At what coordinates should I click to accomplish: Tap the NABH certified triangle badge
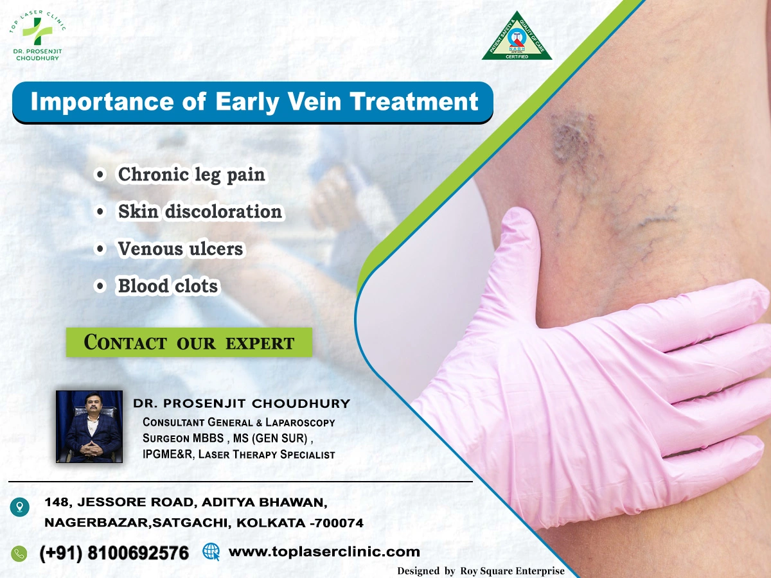[x=517, y=37]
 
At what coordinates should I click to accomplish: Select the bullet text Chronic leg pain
[x=191, y=175]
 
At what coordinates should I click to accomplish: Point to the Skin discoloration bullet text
[x=200, y=211]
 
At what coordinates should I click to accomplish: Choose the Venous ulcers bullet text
[x=181, y=249]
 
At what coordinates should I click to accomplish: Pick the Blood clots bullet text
[x=168, y=286]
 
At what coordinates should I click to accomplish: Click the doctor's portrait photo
[x=89, y=426]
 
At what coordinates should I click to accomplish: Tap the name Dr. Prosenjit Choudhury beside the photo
[x=242, y=403]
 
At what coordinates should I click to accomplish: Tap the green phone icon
[x=19, y=553]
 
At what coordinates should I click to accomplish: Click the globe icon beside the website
[x=211, y=551]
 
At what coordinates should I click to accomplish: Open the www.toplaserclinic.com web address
[x=324, y=551]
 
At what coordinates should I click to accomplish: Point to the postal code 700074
[x=339, y=523]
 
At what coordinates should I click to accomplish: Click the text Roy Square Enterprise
[x=512, y=570]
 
